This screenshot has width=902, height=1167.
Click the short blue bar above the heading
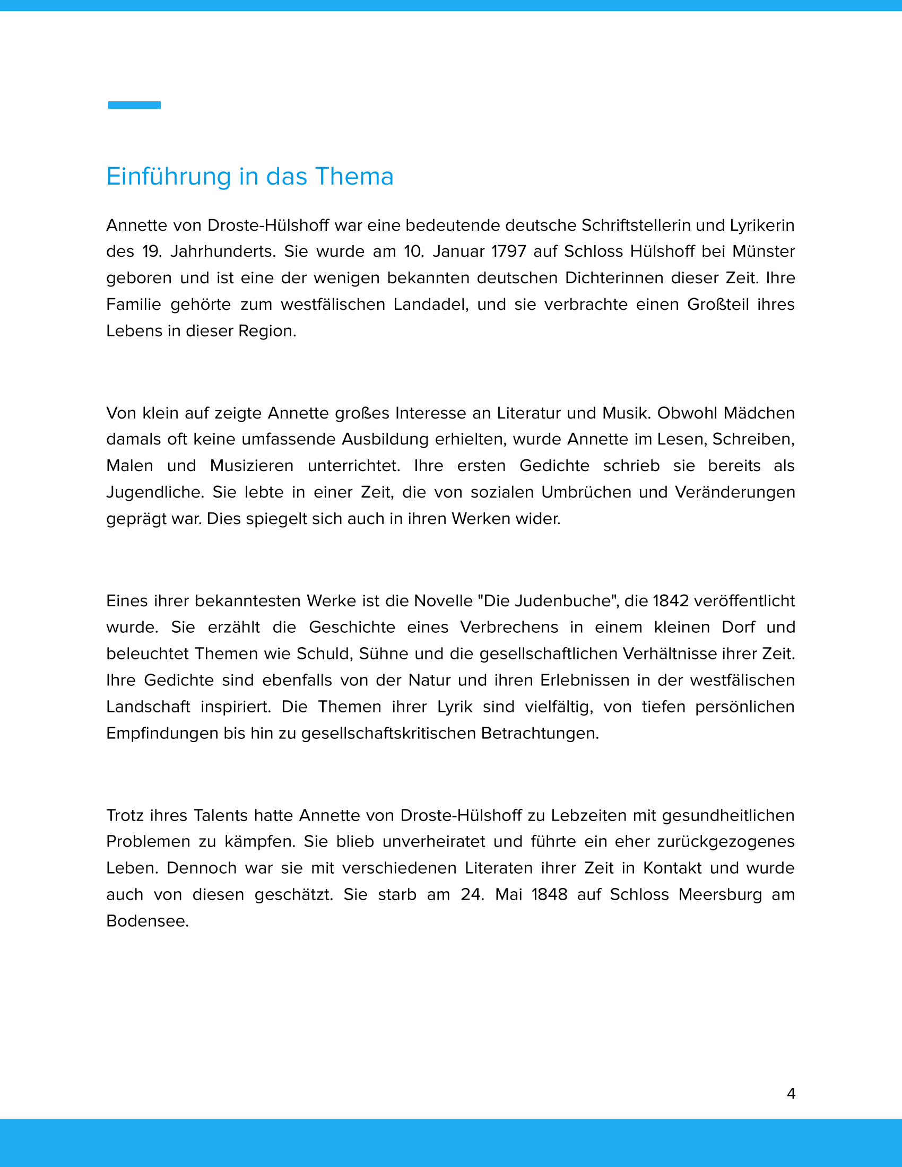pyautogui.click(x=134, y=104)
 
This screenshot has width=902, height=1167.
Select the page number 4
pyautogui.click(x=791, y=1094)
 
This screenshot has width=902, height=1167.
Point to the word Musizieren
pyautogui.click(x=251, y=465)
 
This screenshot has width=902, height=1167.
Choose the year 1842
pyautogui.click(x=671, y=600)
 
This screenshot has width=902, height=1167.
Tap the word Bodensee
pyautogui.click(x=147, y=921)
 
